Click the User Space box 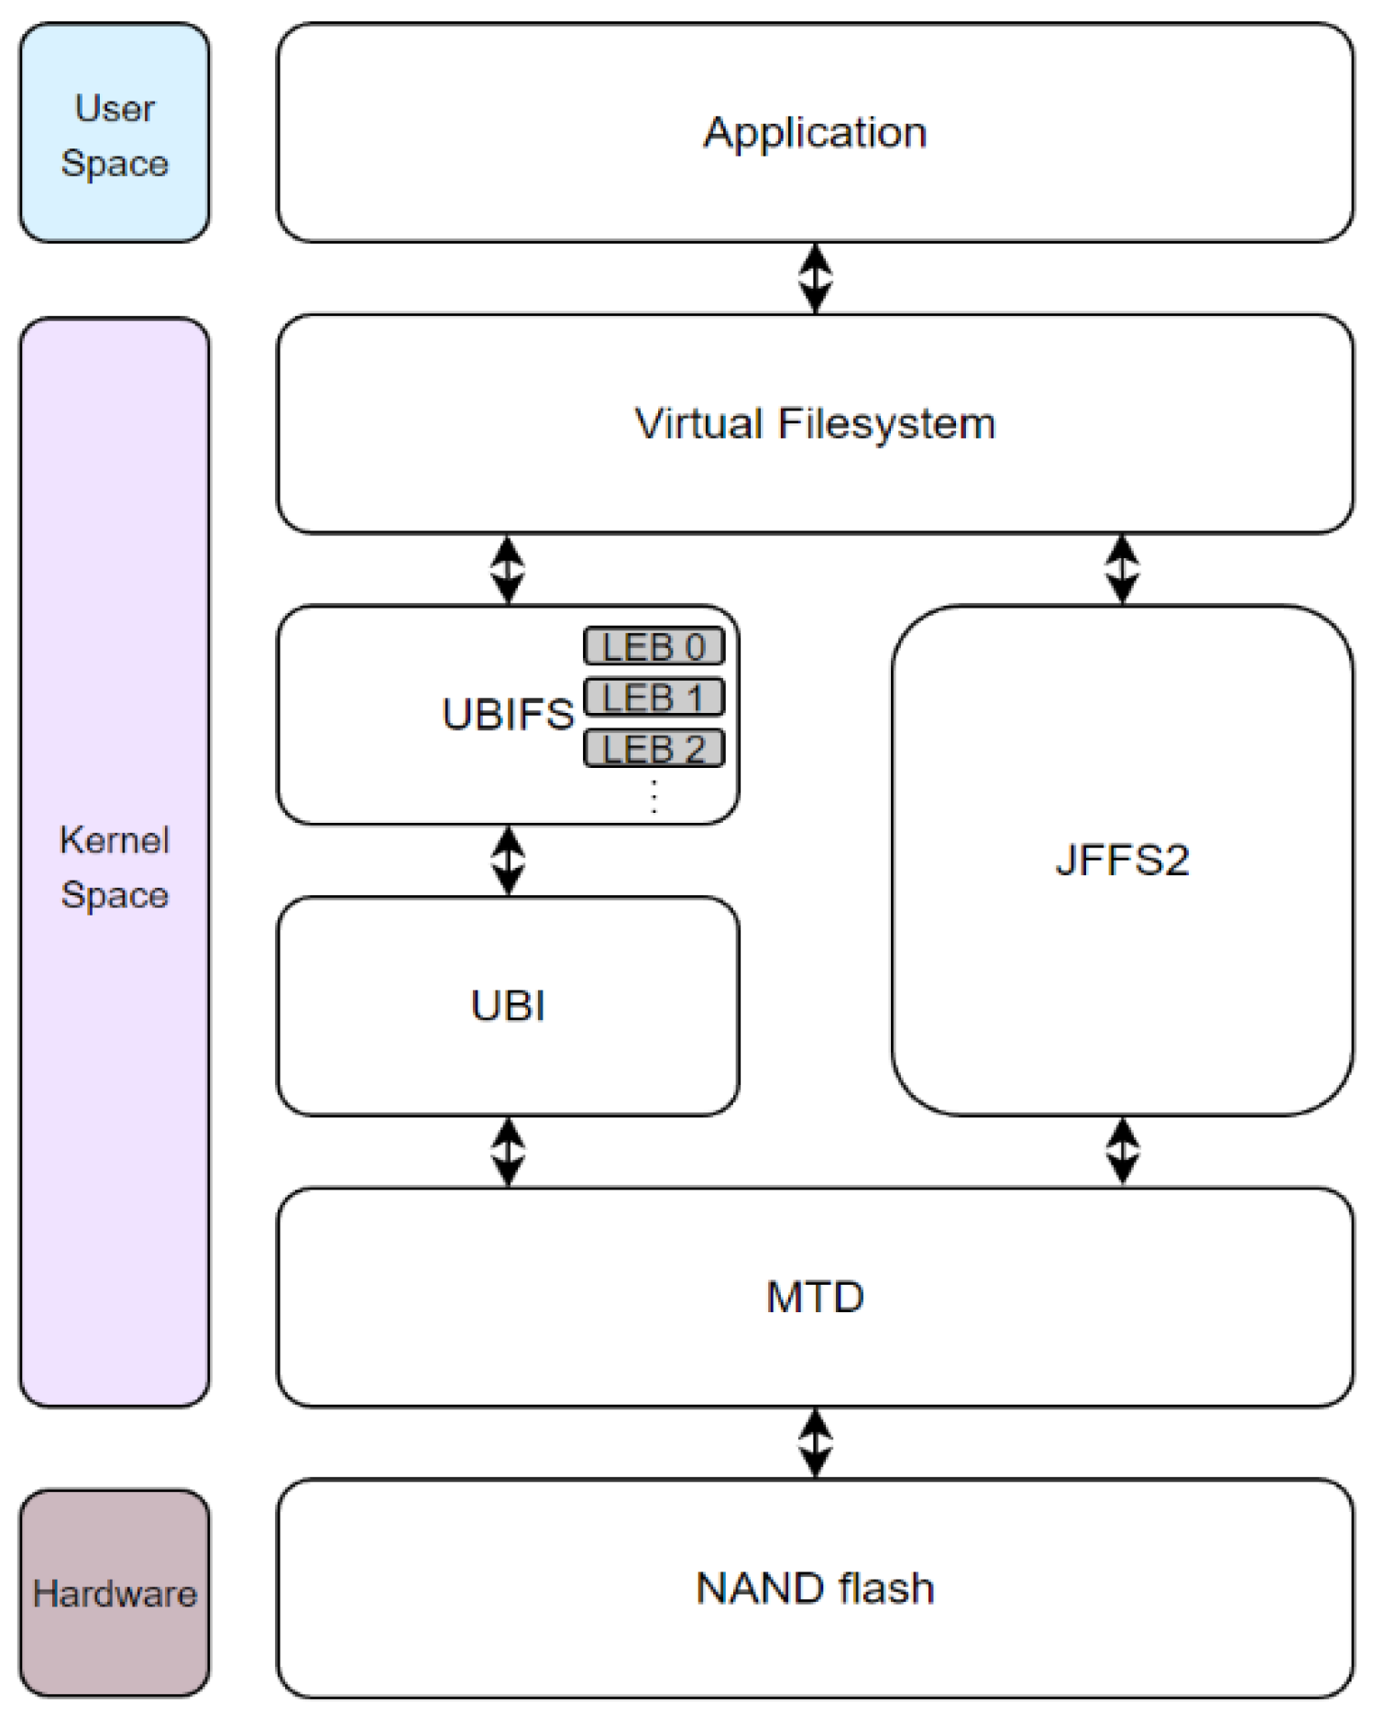click(114, 134)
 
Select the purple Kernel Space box click(114, 861)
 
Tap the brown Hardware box click(114, 1593)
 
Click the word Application click(815, 133)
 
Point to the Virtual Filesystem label click(815, 423)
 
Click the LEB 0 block click(654, 647)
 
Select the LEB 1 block click(654, 697)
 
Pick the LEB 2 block click(654, 749)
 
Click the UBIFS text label click(508, 714)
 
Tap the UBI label click(508, 1005)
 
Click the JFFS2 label click(1122, 860)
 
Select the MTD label click(815, 1297)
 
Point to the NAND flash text click(815, 1588)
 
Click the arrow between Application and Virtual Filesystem click(815, 278)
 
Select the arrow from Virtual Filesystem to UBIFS click(508, 569)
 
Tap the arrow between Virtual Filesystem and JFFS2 click(1122, 569)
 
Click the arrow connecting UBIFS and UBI click(508, 860)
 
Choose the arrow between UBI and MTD click(508, 1151)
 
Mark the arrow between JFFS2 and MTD click(1122, 1151)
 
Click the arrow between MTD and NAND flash click(815, 1442)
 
